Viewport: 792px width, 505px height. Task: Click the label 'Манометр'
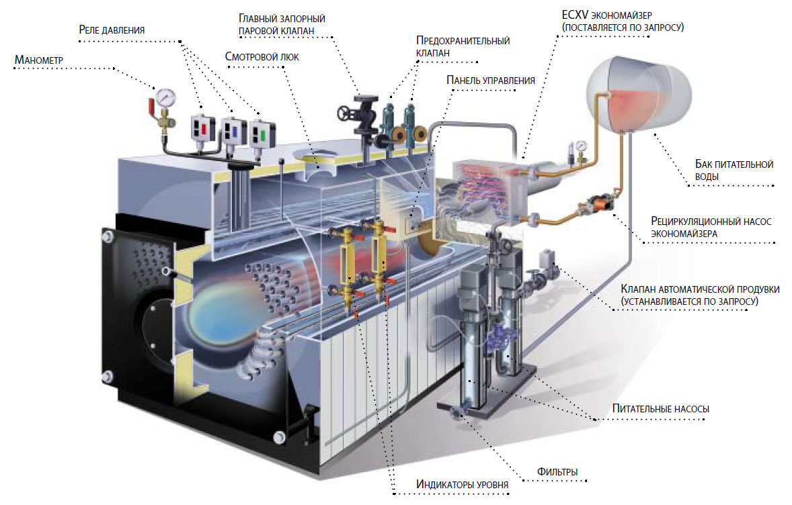pyautogui.click(x=38, y=60)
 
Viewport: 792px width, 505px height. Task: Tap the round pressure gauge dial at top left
pyautogui.click(x=163, y=95)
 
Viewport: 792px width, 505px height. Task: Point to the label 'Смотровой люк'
pyautogui.click(x=262, y=57)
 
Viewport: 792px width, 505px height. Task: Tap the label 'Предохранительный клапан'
pyautogui.click(x=463, y=46)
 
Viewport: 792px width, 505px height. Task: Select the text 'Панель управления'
pyautogui.click(x=490, y=80)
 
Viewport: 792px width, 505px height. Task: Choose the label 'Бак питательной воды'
pyautogui.click(x=734, y=170)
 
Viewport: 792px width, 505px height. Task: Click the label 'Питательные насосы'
pyautogui.click(x=660, y=408)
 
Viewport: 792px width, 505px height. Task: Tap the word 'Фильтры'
pyautogui.click(x=557, y=471)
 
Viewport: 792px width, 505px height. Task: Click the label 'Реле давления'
pyautogui.click(x=112, y=30)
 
